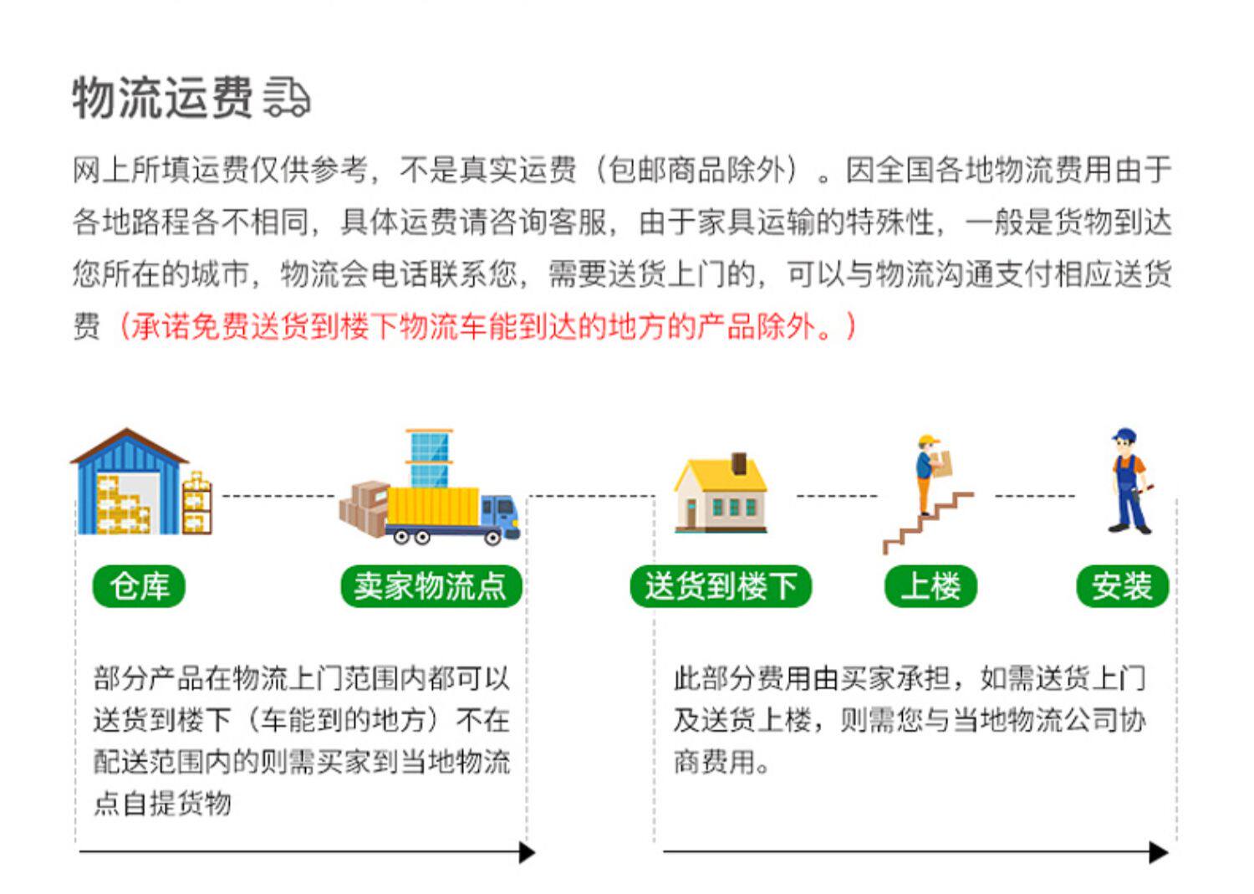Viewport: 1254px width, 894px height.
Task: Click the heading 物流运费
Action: pyautogui.click(x=162, y=97)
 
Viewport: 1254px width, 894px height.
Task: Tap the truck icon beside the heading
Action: pyautogui.click(x=287, y=98)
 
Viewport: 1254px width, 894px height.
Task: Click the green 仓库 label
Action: pyautogui.click(x=139, y=585)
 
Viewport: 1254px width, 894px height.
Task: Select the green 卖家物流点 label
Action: pyautogui.click(x=431, y=585)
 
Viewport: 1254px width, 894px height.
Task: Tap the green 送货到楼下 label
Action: pyautogui.click(x=721, y=585)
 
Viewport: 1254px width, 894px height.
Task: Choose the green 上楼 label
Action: pyautogui.click(x=930, y=585)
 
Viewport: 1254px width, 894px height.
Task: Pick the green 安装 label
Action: pyautogui.click(x=1122, y=585)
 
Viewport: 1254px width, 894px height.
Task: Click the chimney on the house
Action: pyautogui.click(x=739, y=462)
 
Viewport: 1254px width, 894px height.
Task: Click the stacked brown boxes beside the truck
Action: pyautogui.click(x=364, y=505)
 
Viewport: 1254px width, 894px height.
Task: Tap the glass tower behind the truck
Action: pyautogui.click(x=429, y=457)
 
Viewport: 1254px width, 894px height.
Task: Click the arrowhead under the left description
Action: pyautogui.click(x=527, y=852)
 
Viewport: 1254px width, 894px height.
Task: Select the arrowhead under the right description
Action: pyautogui.click(x=1159, y=852)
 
